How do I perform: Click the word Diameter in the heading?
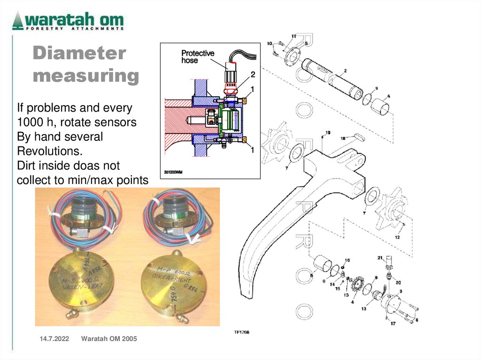pos(79,53)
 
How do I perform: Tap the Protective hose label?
pos(197,57)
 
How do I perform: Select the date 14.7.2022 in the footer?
pos(51,338)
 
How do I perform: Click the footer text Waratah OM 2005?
pos(109,338)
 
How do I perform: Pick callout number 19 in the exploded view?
pos(327,133)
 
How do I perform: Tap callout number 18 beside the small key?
pos(343,138)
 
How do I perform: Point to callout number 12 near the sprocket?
pos(397,237)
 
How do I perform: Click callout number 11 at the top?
pos(294,36)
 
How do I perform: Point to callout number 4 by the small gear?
pos(352,302)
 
